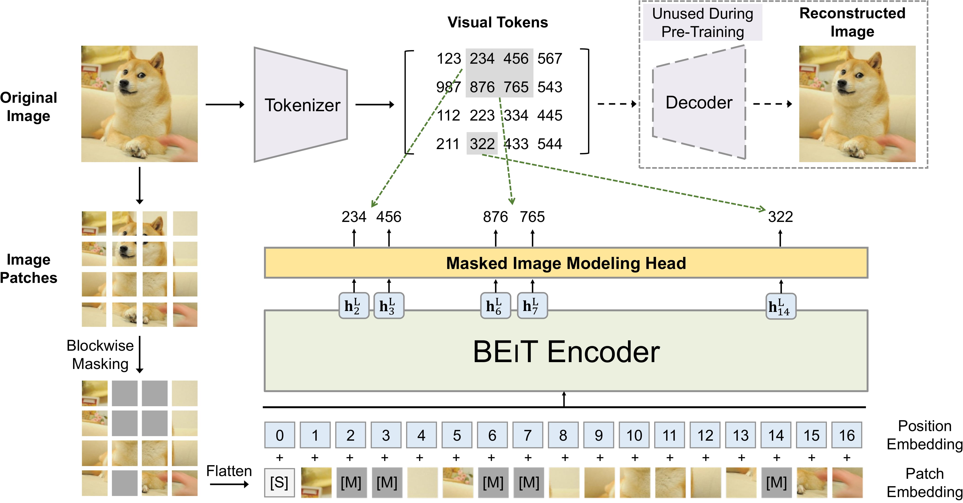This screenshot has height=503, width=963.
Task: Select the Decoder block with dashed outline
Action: pos(699,103)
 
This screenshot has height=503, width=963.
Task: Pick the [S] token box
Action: pos(279,482)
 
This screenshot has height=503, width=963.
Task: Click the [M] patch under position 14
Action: pos(776,482)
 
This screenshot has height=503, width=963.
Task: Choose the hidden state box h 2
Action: pos(354,306)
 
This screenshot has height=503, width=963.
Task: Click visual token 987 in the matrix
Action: pos(448,87)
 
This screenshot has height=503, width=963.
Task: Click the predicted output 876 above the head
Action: pos(495,217)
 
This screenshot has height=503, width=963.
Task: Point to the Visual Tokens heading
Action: pos(498,22)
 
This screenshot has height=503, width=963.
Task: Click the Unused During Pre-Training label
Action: pos(702,22)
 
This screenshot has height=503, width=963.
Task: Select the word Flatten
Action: pos(229,471)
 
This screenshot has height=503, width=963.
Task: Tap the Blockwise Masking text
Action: pos(100,355)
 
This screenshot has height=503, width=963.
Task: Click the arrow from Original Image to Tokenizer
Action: pos(225,105)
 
